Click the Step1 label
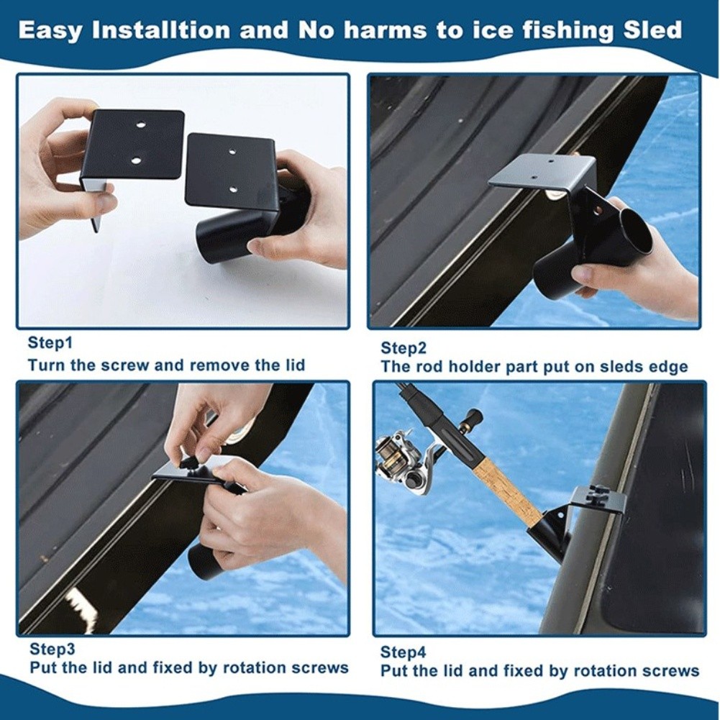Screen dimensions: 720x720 (x=50, y=342)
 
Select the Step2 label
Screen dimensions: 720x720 (x=404, y=348)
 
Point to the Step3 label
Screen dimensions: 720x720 (x=53, y=649)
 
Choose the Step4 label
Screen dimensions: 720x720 (x=404, y=652)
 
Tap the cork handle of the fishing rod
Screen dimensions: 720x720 (x=514, y=492)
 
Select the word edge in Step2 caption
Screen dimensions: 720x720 (x=668, y=368)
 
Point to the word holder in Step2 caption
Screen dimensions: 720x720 (x=474, y=368)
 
